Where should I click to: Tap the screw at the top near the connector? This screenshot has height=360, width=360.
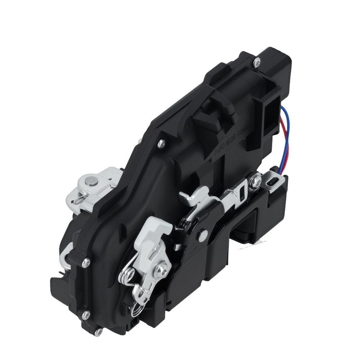pyautogui.click(x=256, y=63)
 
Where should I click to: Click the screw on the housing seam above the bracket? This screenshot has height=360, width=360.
pyautogui.click(x=161, y=144)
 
